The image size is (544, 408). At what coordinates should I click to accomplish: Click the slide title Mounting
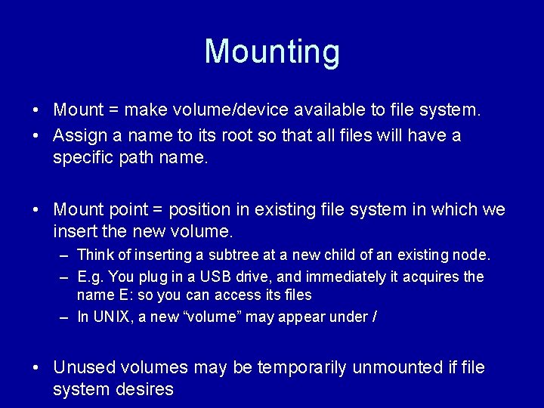coord(272,51)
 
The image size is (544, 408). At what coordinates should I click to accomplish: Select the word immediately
coord(351,277)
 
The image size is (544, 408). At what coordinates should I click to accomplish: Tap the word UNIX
coord(110,317)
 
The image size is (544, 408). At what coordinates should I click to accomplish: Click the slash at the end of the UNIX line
coord(375,317)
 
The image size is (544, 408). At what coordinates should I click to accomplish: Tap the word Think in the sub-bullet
coord(94,255)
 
